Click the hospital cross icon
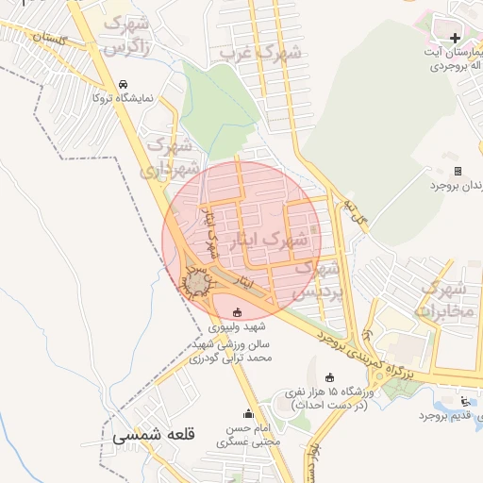pos(456,38)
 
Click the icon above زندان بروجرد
pos(458,171)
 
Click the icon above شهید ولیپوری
pos(237,312)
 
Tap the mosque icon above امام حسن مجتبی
pos(249,413)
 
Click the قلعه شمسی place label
pos(153,436)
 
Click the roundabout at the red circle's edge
pos(196,282)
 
